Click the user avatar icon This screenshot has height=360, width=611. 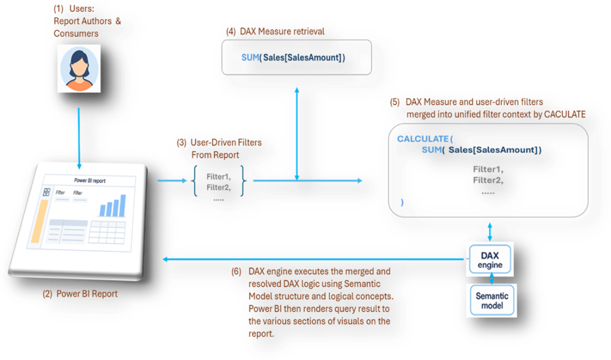[79, 69]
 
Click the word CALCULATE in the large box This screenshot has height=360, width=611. [423, 138]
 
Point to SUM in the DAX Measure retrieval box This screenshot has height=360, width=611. [249, 57]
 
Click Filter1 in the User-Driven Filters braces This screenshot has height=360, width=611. [219, 176]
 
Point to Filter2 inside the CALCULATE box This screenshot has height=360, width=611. [487, 180]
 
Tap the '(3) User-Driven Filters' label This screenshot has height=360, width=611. [219, 143]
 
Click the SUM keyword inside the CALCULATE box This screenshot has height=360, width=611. [432, 150]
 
